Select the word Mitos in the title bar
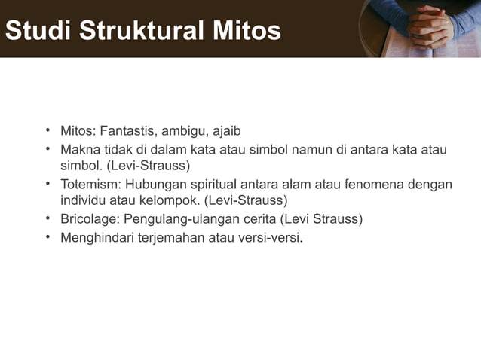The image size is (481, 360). pyautogui.click(x=247, y=31)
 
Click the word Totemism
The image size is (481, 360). pyautogui.click(x=89, y=185)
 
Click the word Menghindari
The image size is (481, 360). pyautogui.click(x=97, y=238)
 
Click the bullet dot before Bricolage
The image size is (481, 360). pyautogui.click(x=47, y=219)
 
